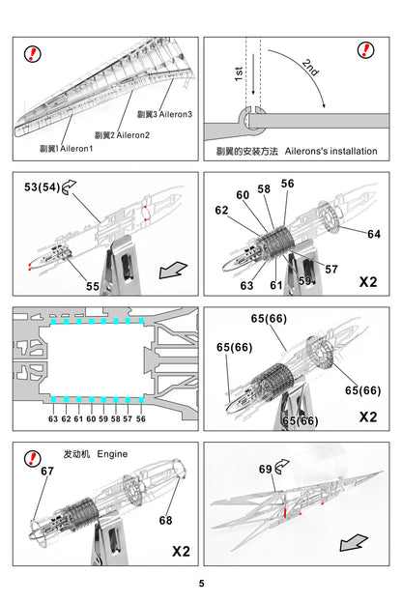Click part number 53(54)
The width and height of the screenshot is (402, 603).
[40, 187]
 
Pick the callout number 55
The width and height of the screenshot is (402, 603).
[93, 286]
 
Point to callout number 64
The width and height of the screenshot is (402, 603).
[374, 233]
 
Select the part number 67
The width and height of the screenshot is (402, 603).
[46, 471]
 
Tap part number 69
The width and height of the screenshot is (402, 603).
[266, 469]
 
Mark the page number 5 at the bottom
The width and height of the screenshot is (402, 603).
[201, 583]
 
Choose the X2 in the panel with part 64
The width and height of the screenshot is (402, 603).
[368, 283]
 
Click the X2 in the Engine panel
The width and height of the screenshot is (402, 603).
[181, 552]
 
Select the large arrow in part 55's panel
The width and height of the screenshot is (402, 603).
[175, 267]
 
